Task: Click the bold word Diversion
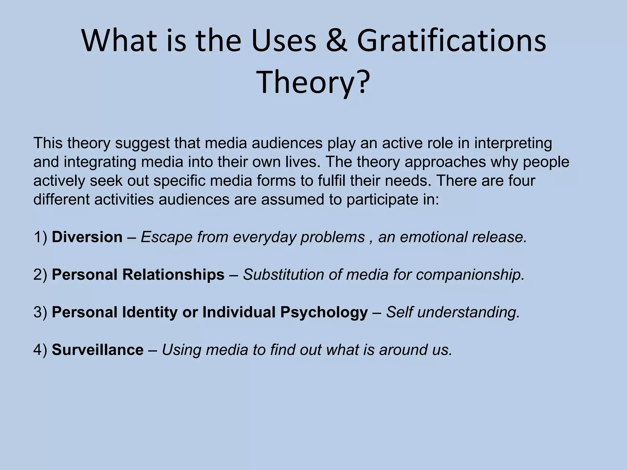[x=87, y=237]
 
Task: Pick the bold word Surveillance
[x=97, y=350]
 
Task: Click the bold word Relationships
[x=173, y=274]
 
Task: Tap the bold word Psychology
[x=324, y=312]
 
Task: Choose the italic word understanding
[x=468, y=312]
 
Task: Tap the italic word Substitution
[x=283, y=274]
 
